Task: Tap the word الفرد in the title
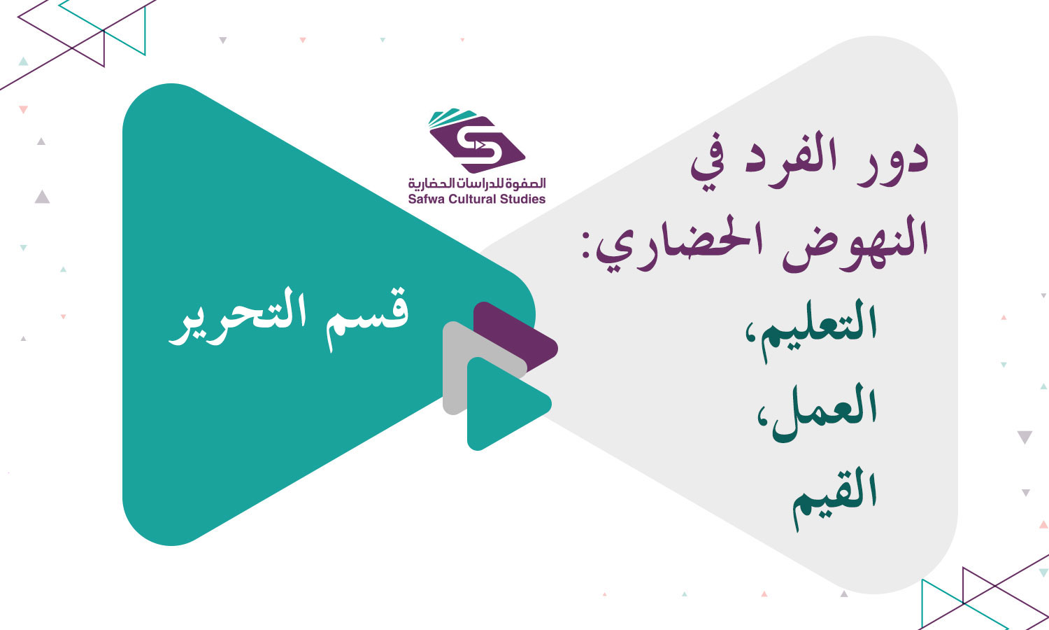pyautogui.click(x=797, y=157)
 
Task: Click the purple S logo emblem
pyautogui.click(x=478, y=144)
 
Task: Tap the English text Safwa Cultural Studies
pyautogui.click(x=477, y=199)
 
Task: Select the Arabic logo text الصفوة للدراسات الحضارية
pyautogui.click(x=477, y=183)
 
